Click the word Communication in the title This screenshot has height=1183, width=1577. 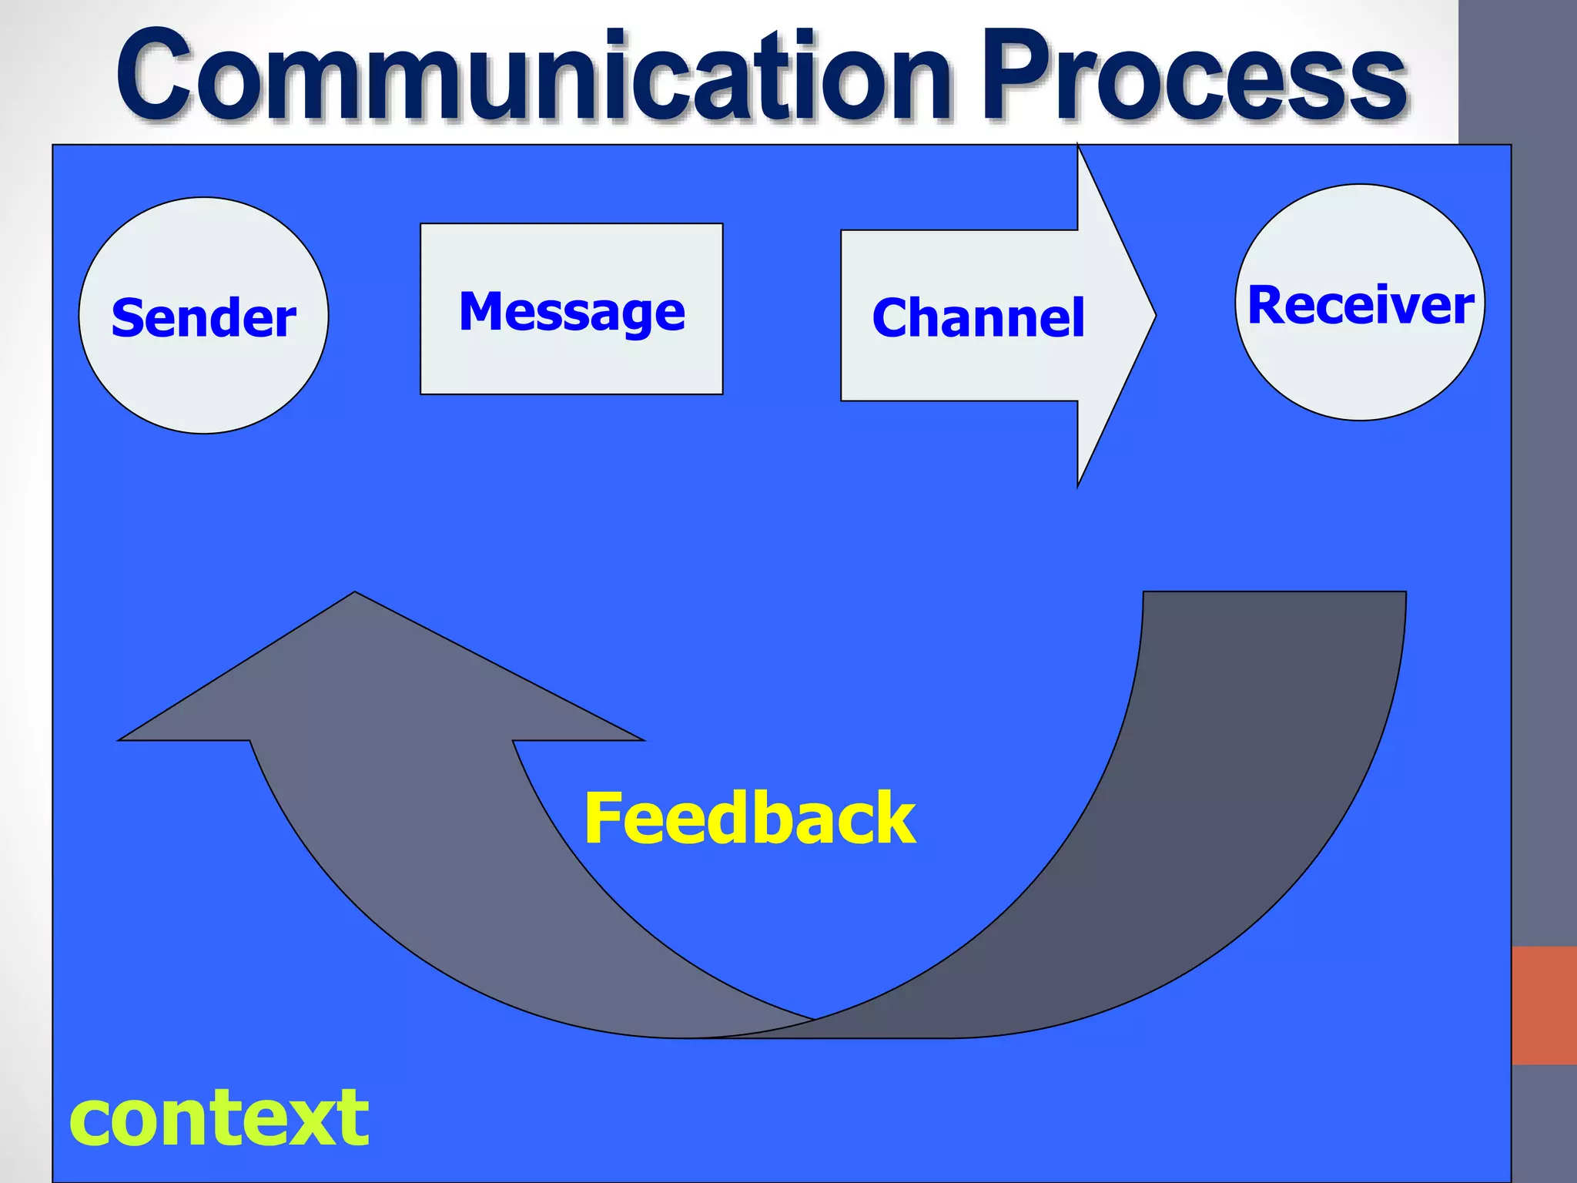tap(531, 77)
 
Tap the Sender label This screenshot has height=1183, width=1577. tap(203, 317)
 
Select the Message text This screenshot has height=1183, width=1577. tap(571, 311)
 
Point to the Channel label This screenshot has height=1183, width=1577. tap(978, 317)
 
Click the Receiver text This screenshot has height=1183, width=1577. tap(1360, 305)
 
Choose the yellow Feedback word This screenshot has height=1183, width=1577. tap(750, 818)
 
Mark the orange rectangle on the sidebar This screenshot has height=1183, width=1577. tap(1543, 1005)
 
